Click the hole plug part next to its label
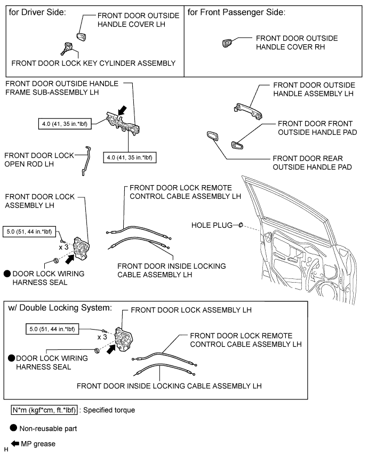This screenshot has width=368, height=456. pyautogui.click(x=240, y=226)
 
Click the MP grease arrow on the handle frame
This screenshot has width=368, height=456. pyautogui.click(x=122, y=110)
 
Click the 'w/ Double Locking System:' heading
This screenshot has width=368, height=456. pyautogui.click(x=59, y=308)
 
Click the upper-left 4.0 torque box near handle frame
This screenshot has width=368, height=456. pyautogui.click(x=66, y=125)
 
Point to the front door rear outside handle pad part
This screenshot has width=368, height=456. pyautogui.click(x=211, y=136)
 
